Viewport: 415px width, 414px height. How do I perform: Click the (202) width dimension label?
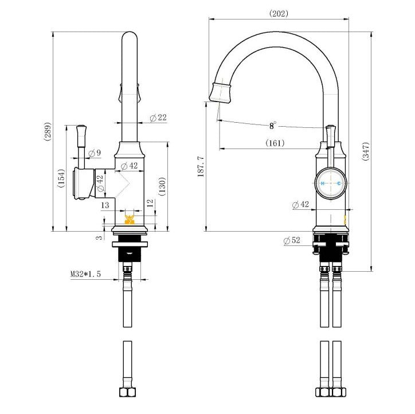[x=279, y=14]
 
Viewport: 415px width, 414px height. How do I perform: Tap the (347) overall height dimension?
[x=366, y=151]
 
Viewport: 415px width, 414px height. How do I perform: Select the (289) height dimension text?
[x=47, y=131]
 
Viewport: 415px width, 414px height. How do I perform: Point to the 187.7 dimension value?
[x=201, y=166]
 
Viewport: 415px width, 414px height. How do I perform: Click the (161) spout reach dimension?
[x=275, y=143]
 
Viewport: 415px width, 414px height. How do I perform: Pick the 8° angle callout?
[x=273, y=126]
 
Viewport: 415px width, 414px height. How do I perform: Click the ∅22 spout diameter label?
[x=158, y=118]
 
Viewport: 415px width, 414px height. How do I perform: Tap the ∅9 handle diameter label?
[x=95, y=153]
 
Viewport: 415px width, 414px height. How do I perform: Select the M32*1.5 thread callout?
[x=85, y=274]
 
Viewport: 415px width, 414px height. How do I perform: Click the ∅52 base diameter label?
[x=292, y=240]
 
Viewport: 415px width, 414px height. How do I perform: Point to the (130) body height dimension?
[x=162, y=186]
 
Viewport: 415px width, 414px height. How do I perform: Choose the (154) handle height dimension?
[x=61, y=178]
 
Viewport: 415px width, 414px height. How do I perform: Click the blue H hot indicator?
[x=323, y=183]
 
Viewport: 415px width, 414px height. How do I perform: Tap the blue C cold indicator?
[x=339, y=183]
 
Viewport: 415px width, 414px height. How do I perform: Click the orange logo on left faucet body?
[x=130, y=220]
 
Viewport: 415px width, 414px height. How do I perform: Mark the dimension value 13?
[x=105, y=205]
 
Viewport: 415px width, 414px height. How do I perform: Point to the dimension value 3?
[x=99, y=237]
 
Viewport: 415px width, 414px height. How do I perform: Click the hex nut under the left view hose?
[x=128, y=392]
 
